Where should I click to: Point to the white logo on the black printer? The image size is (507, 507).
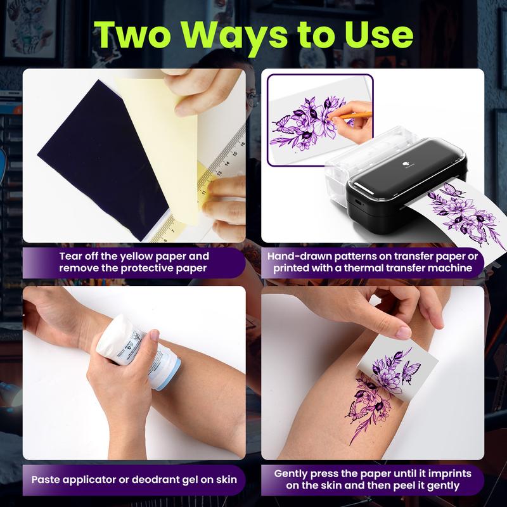[x=406, y=165]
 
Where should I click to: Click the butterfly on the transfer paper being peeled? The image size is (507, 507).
[x=411, y=371]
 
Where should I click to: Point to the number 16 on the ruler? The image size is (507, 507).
[x=242, y=144]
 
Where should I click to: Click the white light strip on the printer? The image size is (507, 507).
[x=375, y=189]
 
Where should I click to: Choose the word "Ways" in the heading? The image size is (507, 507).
[x=234, y=37]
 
